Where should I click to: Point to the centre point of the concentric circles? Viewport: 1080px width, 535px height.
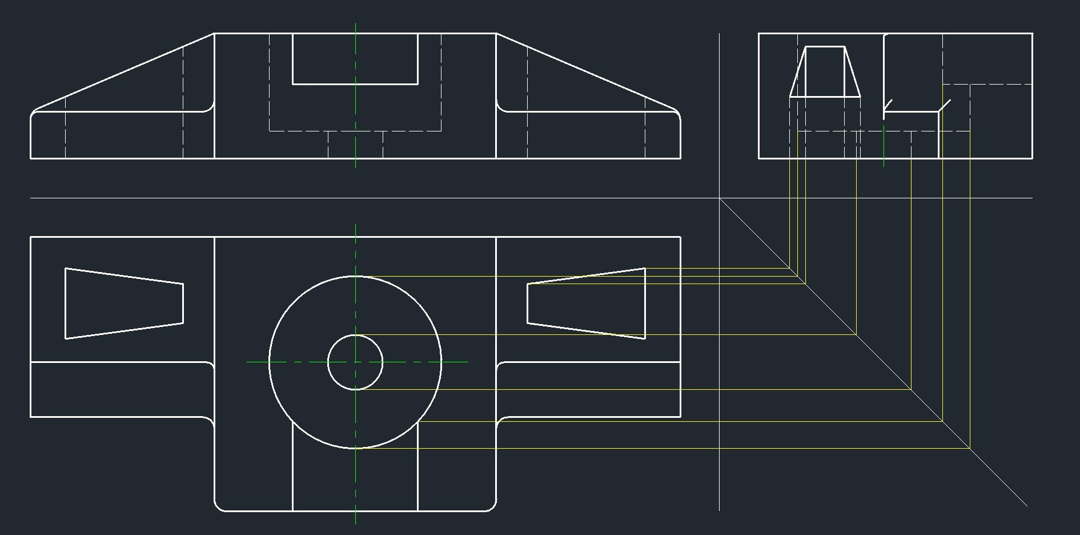click(355, 362)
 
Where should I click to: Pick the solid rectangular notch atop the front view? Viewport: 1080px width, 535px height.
click(355, 83)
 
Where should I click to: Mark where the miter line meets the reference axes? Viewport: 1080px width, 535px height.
click(719, 198)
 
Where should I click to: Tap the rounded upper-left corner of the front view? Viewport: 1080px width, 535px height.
click(34, 113)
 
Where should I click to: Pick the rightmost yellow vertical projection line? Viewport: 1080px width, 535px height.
click(970, 286)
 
